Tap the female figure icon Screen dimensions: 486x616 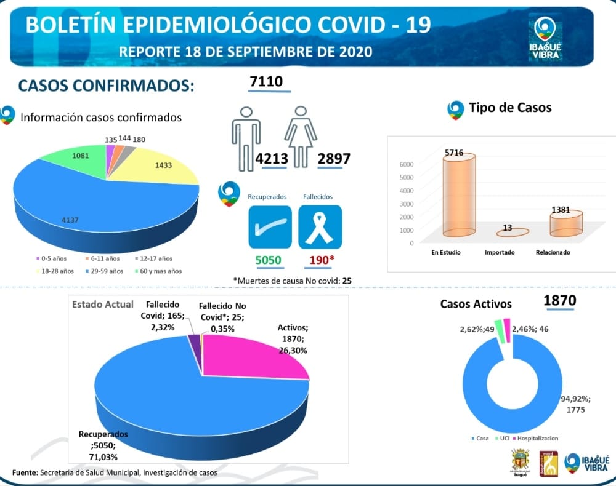[x=300, y=137]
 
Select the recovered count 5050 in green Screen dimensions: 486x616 [x=268, y=260]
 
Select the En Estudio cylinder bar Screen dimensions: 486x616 [x=458, y=196]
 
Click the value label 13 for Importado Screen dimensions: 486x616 [x=507, y=228]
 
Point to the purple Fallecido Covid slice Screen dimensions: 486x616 [x=195, y=346]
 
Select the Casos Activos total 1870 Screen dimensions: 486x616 [x=559, y=301]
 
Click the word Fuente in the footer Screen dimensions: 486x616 [x=25, y=472]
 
